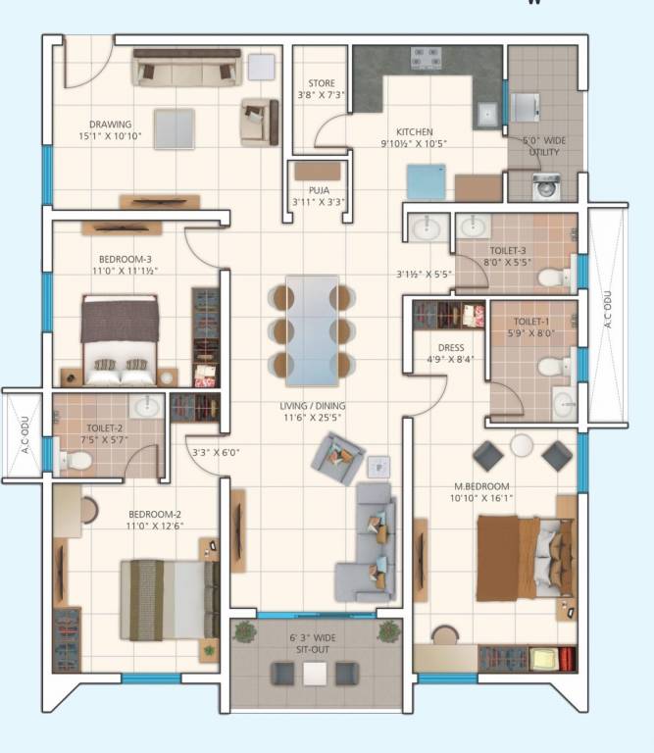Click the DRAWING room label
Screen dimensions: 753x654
click(110, 125)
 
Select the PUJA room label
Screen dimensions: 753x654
click(318, 190)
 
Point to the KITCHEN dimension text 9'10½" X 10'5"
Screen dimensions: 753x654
click(415, 143)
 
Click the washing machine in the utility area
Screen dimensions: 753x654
click(546, 186)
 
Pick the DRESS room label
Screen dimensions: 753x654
click(451, 347)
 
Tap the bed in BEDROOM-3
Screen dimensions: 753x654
click(120, 339)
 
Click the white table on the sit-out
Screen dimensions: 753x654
click(314, 674)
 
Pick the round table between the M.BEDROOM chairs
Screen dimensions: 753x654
click(522, 446)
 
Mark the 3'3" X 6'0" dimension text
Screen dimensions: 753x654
click(215, 452)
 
